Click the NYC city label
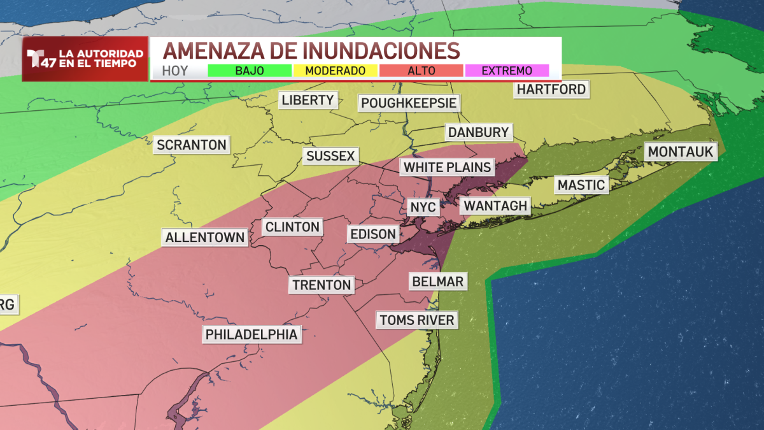coord(423,208)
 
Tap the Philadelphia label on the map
coord(251,334)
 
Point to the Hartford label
coord(551,89)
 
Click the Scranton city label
coord(192,145)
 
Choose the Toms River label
coord(417,320)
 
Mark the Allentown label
coord(205,238)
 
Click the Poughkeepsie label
coord(409,103)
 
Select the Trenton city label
coord(322,285)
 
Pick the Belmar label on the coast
coord(438,281)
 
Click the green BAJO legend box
coord(250,71)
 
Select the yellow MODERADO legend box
coord(335,71)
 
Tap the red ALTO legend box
coord(421,71)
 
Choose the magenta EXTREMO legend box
coord(507,71)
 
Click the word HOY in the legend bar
coord(175,71)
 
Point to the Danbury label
coord(479,133)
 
